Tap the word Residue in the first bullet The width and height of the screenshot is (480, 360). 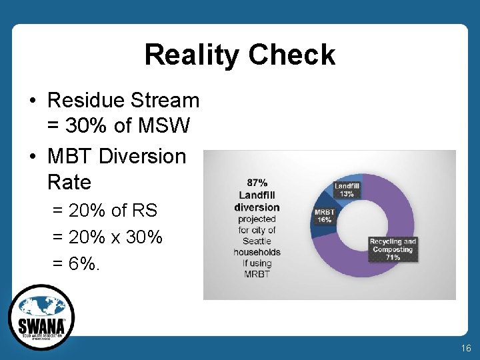click(86, 100)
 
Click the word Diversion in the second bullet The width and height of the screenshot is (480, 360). click(141, 156)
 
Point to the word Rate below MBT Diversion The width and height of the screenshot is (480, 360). click(69, 181)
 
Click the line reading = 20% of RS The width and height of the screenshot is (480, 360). click(104, 211)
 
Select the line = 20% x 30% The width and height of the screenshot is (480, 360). click(107, 237)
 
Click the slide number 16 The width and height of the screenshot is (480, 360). click(465, 349)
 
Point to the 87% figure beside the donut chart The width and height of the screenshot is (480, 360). click(257, 182)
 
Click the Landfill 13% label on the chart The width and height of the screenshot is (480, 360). click(347, 190)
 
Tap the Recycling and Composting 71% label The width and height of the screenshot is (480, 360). click(393, 249)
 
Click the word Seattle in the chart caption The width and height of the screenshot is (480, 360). click(257, 241)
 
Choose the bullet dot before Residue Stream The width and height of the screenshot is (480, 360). click(32, 101)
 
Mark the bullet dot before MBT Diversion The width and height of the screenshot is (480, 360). click(32, 157)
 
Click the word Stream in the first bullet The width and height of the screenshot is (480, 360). click(165, 100)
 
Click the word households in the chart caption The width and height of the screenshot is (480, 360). click(257, 252)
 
